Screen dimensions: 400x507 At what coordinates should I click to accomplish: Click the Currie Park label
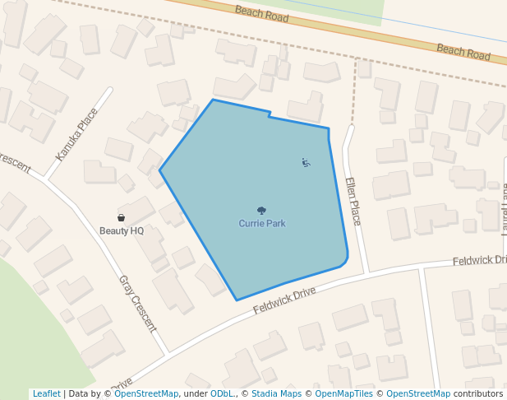[262, 223]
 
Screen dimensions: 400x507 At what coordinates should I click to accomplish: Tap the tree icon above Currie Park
[262, 211]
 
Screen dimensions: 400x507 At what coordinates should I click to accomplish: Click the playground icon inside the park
[306, 163]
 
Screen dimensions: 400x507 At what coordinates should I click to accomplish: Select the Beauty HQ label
[122, 230]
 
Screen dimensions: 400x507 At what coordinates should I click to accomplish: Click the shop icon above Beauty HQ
[122, 218]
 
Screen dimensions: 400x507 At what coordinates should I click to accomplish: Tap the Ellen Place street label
[353, 202]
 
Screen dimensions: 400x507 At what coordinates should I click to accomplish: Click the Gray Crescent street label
[137, 303]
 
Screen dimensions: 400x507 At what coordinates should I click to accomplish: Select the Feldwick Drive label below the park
[284, 300]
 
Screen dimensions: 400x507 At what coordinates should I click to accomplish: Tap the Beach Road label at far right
[463, 51]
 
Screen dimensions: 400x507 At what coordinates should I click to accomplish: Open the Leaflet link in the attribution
[46, 394]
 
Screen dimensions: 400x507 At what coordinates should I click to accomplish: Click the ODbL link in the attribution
[222, 394]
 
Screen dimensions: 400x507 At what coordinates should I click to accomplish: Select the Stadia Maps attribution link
[276, 394]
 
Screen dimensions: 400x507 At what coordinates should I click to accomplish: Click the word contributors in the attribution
[478, 394]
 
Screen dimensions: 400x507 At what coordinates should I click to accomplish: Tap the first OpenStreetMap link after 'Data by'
[146, 394]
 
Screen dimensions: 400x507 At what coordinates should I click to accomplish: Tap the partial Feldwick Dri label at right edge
[480, 261]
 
